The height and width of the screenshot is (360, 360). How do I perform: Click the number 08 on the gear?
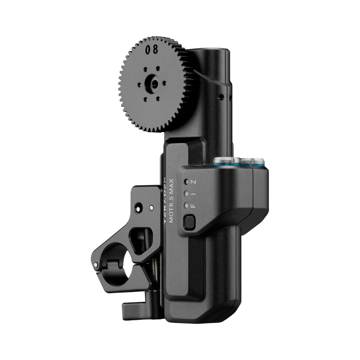tap(152, 49)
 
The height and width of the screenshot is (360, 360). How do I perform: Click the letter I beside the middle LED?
tap(194, 193)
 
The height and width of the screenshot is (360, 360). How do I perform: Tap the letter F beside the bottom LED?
tap(193, 206)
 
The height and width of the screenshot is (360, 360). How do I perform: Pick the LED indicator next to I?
tap(187, 193)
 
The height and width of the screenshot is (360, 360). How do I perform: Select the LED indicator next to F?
tap(187, 205)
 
